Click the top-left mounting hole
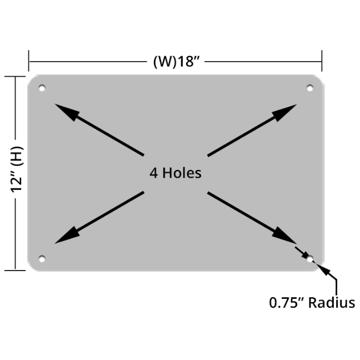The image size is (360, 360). coord(42,88)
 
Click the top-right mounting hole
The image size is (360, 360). coord(310,88)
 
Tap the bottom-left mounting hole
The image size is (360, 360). coord(42,258)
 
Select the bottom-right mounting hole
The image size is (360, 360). coord(310,258)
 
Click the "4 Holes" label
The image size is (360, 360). coord(175,173)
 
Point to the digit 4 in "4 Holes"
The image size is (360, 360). coord(153,173)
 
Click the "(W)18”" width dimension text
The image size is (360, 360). coord(176,61)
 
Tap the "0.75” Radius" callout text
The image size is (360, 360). coord(312,303)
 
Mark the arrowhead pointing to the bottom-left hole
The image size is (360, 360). coord(66,236)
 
